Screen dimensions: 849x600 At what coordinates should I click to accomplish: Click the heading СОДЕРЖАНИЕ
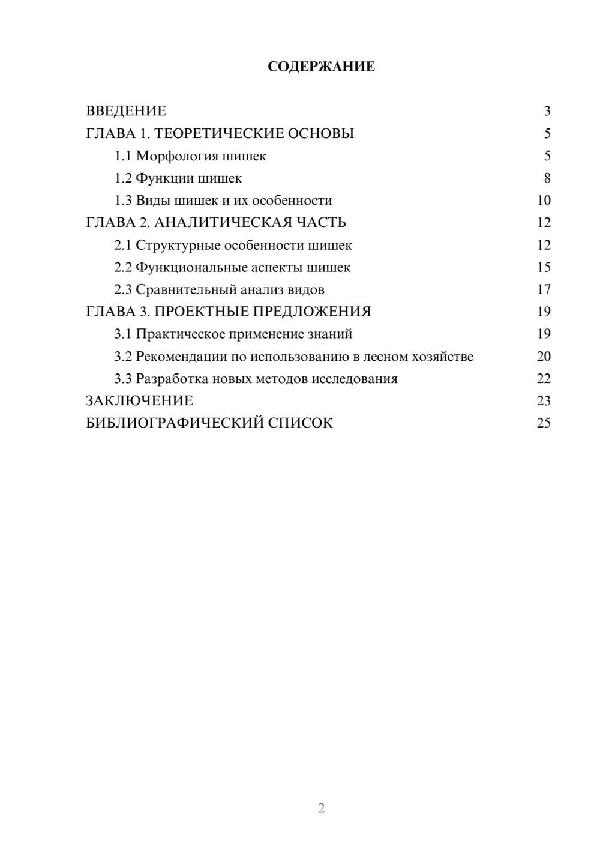(x=321, y=67)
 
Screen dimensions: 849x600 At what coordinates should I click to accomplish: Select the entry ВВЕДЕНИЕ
(x=126, y=111)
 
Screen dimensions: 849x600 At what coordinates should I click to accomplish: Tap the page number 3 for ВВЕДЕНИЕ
(x=547, y=111)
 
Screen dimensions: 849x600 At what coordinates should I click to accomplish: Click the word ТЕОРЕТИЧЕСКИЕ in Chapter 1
(x=215, y=133)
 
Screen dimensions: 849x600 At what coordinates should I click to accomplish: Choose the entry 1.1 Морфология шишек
(x=190, y=156)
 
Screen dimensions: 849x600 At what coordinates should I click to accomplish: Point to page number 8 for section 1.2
(x=547, y=178)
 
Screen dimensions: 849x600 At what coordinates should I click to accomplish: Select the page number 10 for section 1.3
(x=544, y=201)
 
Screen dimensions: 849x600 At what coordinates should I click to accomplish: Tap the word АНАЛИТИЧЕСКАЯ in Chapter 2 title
(x=223, y=223)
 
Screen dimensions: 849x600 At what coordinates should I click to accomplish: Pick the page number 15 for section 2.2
(x=544, y=267)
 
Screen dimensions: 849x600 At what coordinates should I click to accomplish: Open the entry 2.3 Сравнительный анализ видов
(x=219, y=290)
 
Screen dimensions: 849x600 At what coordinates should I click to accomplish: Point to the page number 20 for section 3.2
(x=544, y=357)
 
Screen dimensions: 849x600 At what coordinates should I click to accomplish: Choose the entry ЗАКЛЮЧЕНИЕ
(x=139, y=400)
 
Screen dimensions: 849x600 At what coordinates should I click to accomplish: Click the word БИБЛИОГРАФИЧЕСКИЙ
(x=175, y=423)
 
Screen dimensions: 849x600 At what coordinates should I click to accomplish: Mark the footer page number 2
(x=321, y=808)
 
